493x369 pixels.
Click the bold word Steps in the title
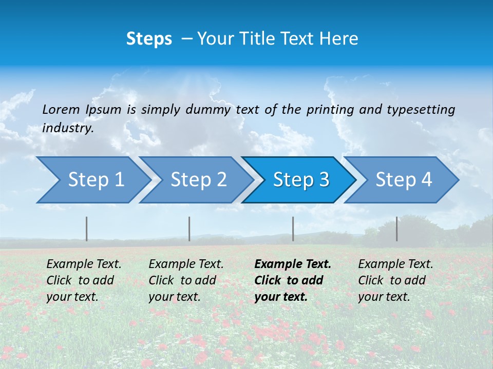point(149,38)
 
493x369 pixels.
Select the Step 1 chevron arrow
point(92,180)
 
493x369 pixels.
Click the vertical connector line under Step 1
point(87,229)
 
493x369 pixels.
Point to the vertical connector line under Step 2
point(189,229)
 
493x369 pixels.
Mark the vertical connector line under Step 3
point(293,229)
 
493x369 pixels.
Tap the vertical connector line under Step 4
point(396,229)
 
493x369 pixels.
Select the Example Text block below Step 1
point(84,280)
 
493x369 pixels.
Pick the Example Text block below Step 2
point(186,280)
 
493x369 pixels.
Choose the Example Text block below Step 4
point(395,280)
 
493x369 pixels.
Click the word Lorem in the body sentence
point(61,109)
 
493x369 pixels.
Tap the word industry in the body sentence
point(67,128)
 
